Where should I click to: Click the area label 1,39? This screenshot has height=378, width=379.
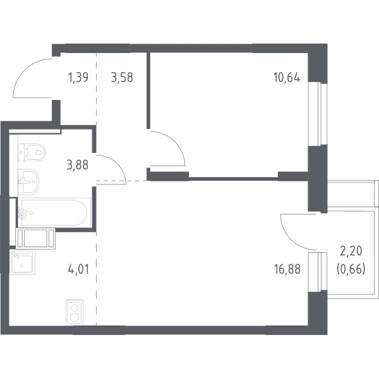(78, 78)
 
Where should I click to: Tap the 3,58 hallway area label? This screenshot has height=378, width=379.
(122, 78)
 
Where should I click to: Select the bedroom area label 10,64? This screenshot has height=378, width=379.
(287, 78)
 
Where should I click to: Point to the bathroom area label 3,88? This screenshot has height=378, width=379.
(78, 165)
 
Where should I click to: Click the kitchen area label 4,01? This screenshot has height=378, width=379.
(79, 269)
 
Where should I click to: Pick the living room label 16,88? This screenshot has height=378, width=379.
(287, 269)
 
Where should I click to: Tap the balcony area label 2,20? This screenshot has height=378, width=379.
(351, 251)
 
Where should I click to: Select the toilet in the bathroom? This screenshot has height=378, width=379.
(32, 152)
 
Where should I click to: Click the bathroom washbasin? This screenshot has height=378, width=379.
(28, 181)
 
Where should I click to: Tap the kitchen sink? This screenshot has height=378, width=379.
(22, 262)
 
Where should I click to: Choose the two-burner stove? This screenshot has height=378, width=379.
(74, 312)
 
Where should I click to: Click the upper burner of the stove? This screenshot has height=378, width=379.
(74, 307)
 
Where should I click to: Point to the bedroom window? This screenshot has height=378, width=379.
(318, 114)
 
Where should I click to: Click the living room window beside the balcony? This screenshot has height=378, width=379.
(318, 272)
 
